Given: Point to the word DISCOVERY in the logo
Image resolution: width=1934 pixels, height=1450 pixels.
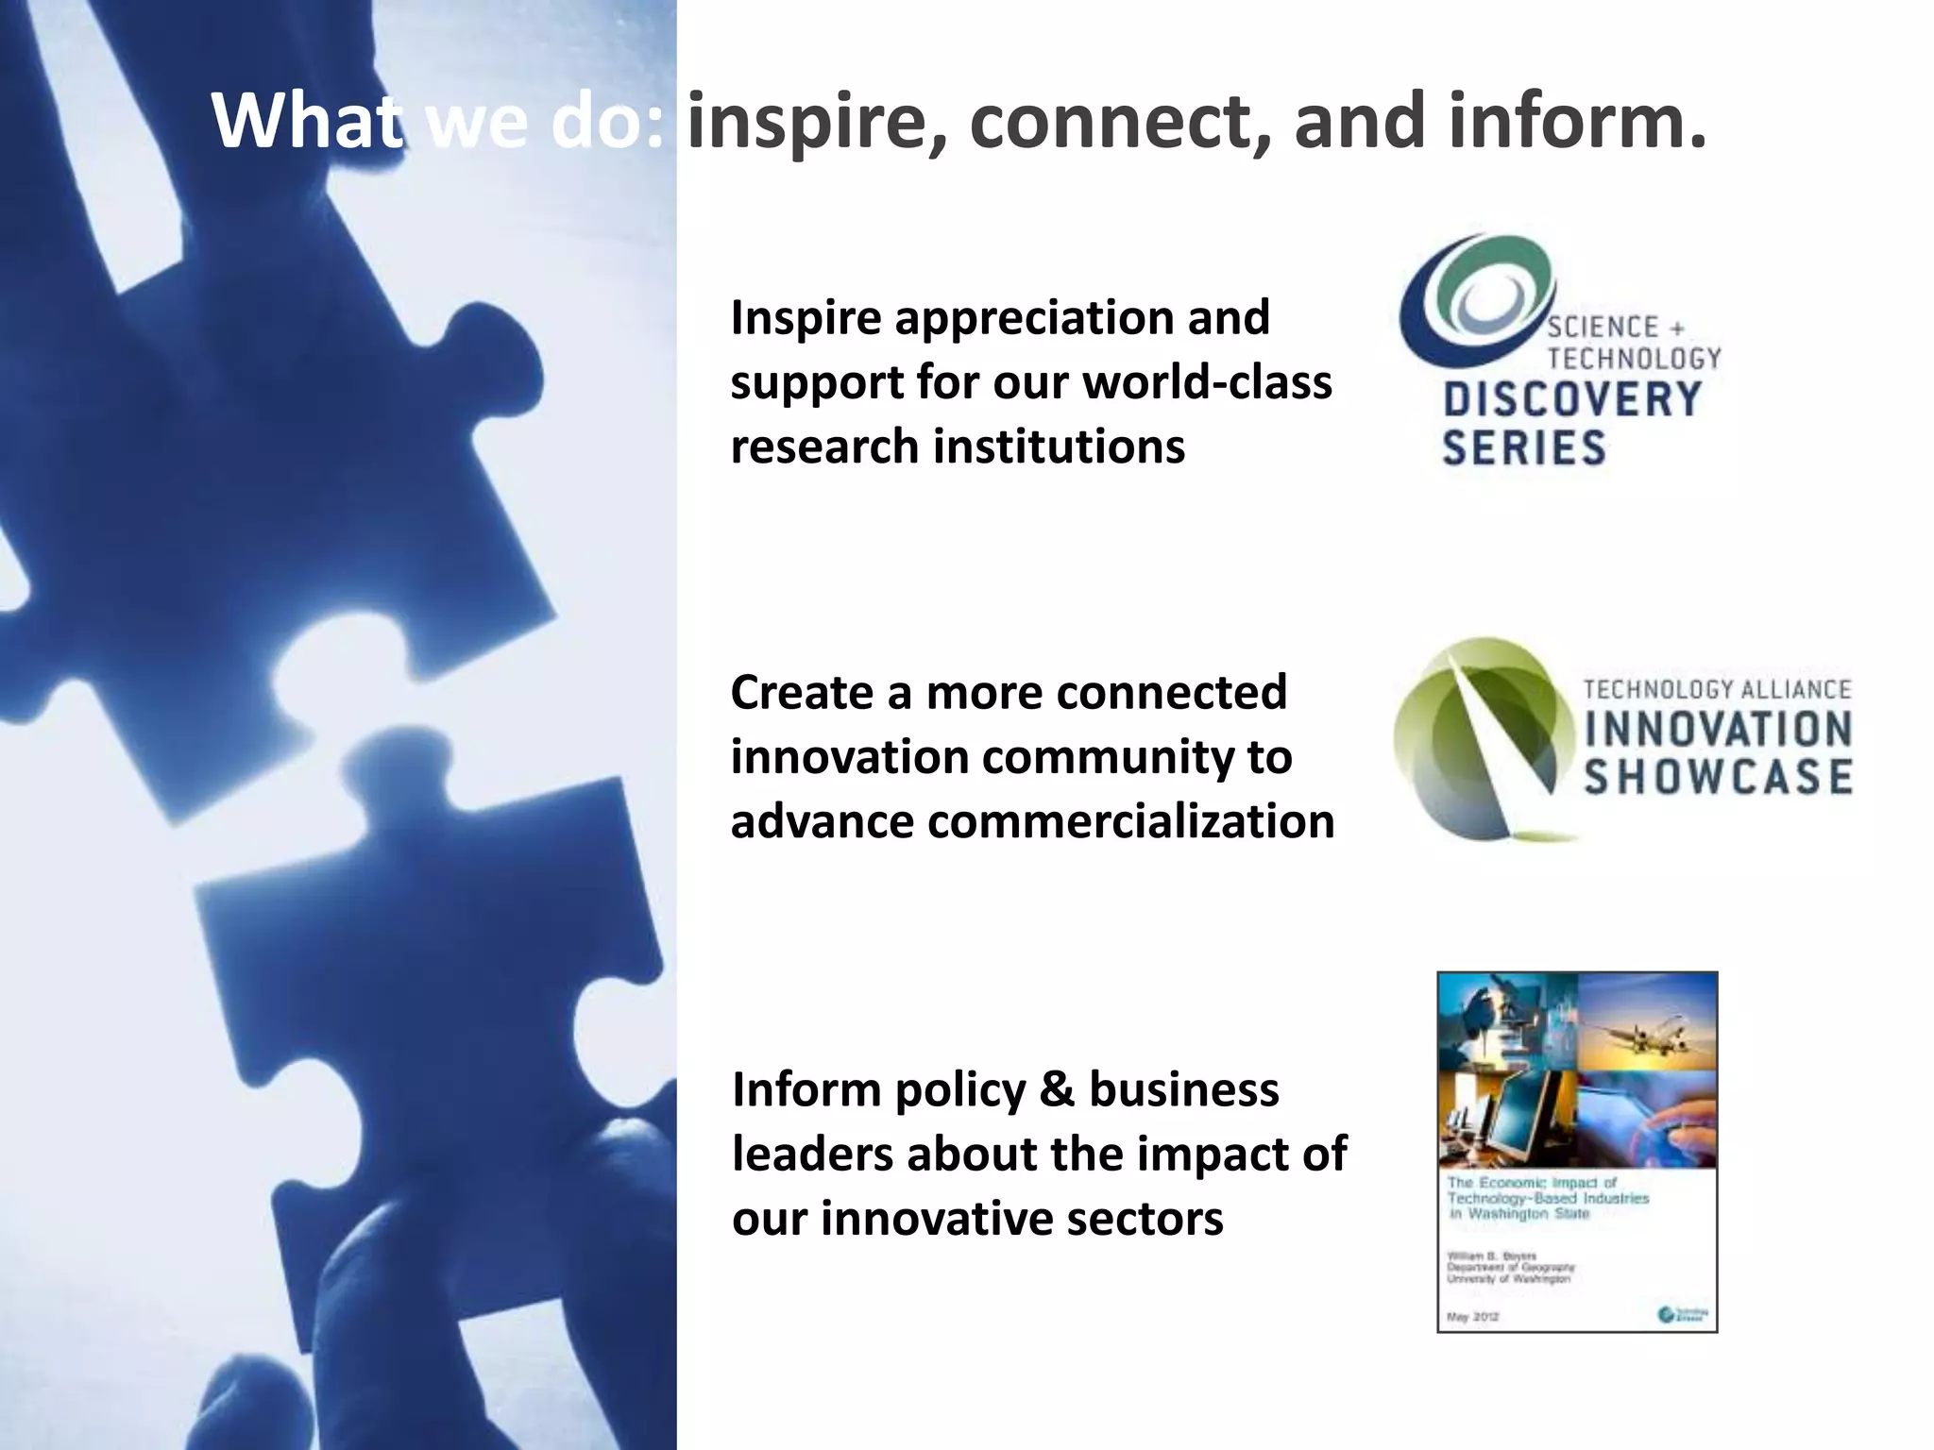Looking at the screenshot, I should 1572,399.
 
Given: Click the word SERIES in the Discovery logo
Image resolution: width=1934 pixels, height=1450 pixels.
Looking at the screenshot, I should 1523,447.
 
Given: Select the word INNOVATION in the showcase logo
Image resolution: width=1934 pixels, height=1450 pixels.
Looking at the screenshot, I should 1717,730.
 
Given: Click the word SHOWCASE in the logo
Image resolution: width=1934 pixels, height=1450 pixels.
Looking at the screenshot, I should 1717,777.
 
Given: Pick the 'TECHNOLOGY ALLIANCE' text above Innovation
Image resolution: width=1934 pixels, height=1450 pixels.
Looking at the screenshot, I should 1717,689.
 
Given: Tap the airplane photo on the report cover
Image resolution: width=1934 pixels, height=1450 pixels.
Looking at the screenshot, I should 1648,1024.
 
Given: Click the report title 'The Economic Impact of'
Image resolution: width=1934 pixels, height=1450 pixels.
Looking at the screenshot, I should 1532,1183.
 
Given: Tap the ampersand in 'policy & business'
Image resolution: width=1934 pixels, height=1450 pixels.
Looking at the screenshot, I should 1056,1090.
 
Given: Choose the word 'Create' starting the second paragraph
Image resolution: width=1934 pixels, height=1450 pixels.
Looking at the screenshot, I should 802,693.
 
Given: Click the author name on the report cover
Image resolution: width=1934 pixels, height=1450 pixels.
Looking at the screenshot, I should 1478,1256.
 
